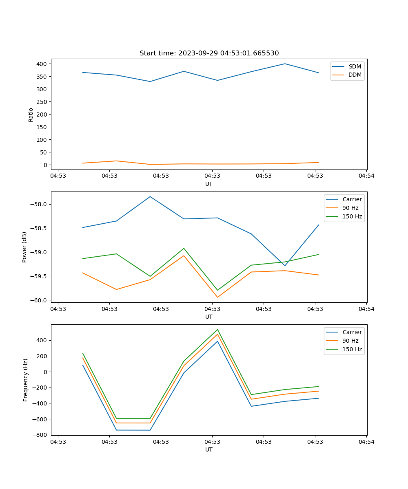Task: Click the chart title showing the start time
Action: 209,53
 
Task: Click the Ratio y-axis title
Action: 31,115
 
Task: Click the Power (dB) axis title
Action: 25,247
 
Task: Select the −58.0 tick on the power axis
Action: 39,204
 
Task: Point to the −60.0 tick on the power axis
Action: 39,300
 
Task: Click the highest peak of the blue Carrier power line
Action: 150,196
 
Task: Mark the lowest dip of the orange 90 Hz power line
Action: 217,297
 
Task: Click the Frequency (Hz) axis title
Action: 26,380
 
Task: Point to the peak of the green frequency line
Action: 217,329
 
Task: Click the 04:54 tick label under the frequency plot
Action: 366,441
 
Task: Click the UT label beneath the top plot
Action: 209,184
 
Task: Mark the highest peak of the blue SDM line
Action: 285,64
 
